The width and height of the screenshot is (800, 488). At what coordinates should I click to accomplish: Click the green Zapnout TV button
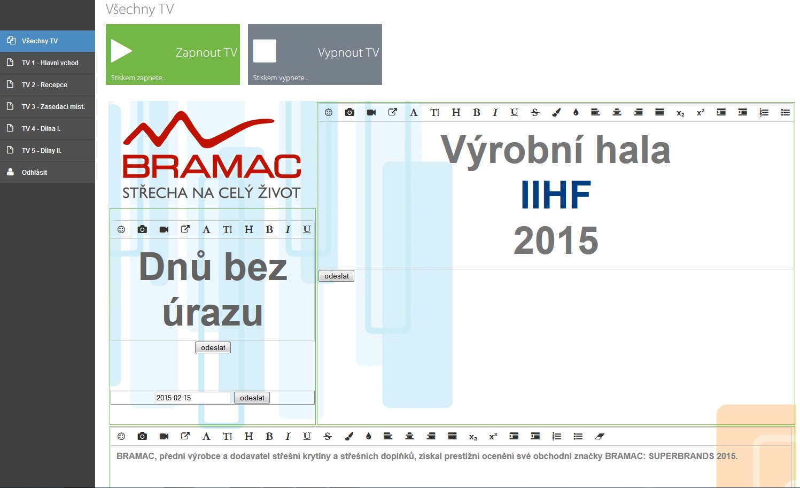click(x=173, y=55)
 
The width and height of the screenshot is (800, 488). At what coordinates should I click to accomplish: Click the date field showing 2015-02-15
click(x=192, y=398)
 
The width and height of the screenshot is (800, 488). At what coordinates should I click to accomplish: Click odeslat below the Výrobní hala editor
click(x=337, y=276)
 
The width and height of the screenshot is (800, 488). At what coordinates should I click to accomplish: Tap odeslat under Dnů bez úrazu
click(x=213, y=347)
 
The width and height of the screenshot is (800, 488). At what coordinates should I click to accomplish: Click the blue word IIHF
click(x=556, y=195)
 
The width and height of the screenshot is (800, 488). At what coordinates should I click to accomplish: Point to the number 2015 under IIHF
click(x=556, y=240)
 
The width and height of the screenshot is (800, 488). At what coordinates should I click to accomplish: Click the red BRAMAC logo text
click(x=212, y=166)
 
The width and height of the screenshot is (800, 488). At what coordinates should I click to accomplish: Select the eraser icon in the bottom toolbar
click(x=600, y=436)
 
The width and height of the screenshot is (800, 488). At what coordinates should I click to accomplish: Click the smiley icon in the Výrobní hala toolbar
click(x=329, y=113)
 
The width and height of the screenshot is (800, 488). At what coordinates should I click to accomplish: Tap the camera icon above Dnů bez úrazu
click(x=142, y=229)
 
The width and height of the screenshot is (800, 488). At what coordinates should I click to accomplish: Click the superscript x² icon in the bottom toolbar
click(x=493, y=436)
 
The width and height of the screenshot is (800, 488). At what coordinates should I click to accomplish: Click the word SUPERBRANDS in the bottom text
click(x=681, y=456)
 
